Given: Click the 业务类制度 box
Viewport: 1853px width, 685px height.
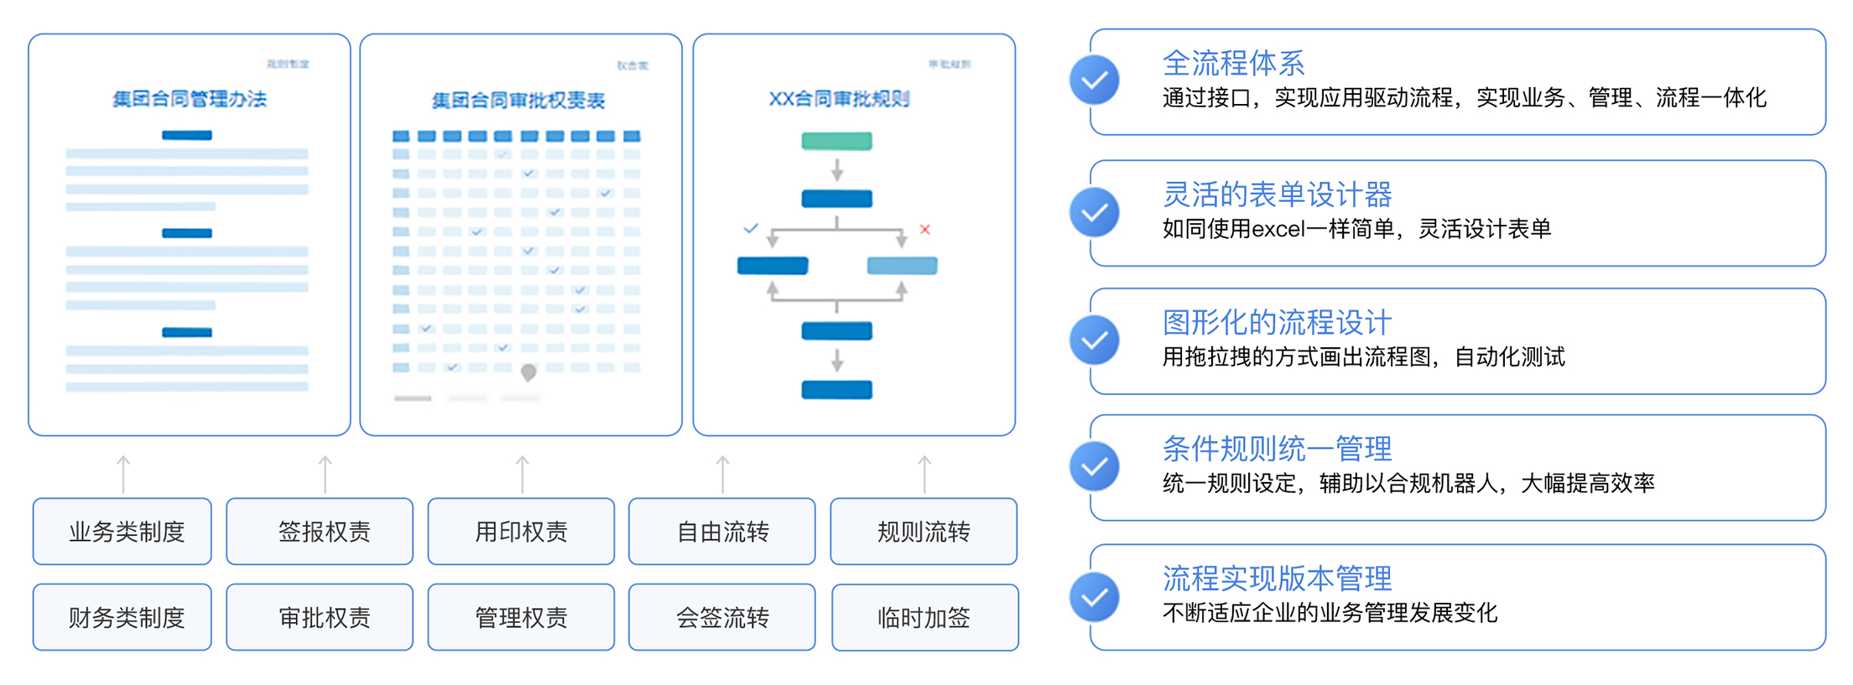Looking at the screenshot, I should click(x=122, y=532).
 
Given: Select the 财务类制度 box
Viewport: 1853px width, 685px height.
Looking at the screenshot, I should click(x=122, y=617).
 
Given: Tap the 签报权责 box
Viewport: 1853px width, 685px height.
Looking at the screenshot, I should click(x=320, y=532).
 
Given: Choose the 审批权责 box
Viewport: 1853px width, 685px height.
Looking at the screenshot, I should click(x=320, y=617).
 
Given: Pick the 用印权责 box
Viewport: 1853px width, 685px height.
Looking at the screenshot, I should click(x=521, y=532).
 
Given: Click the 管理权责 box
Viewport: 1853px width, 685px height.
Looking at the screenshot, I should click(x=521, y=617).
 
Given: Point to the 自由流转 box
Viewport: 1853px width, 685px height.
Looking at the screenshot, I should click(x=721, y=532).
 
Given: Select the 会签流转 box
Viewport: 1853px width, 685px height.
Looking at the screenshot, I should click(x=721, y=617).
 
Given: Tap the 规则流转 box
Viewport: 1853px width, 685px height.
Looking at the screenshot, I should click(x=924, y=532).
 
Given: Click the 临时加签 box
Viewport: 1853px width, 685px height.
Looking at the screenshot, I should click(x=924, y=617).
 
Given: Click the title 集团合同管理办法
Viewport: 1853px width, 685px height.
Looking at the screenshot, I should click(x=190, y=99).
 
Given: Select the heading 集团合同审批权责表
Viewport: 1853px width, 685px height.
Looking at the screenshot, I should click(x=518, y=101).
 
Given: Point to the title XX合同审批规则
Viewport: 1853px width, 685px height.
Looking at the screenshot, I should click(x=839, y=99).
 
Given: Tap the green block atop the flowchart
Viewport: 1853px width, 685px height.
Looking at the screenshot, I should click(x=836, y=141).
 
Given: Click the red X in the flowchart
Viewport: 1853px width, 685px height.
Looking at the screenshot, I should click(x=924, y=229).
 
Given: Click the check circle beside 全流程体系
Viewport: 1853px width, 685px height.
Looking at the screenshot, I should click(x=1094, y=80).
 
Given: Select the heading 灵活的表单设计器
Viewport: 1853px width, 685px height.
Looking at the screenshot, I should click(x=1277, y=195).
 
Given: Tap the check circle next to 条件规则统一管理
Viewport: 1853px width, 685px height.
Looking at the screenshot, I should click(x=1094, y=466).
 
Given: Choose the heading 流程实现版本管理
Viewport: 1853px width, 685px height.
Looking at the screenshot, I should click(x=1277, y=579).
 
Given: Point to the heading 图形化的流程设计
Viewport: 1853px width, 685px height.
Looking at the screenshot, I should click(x=1277, y=322).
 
